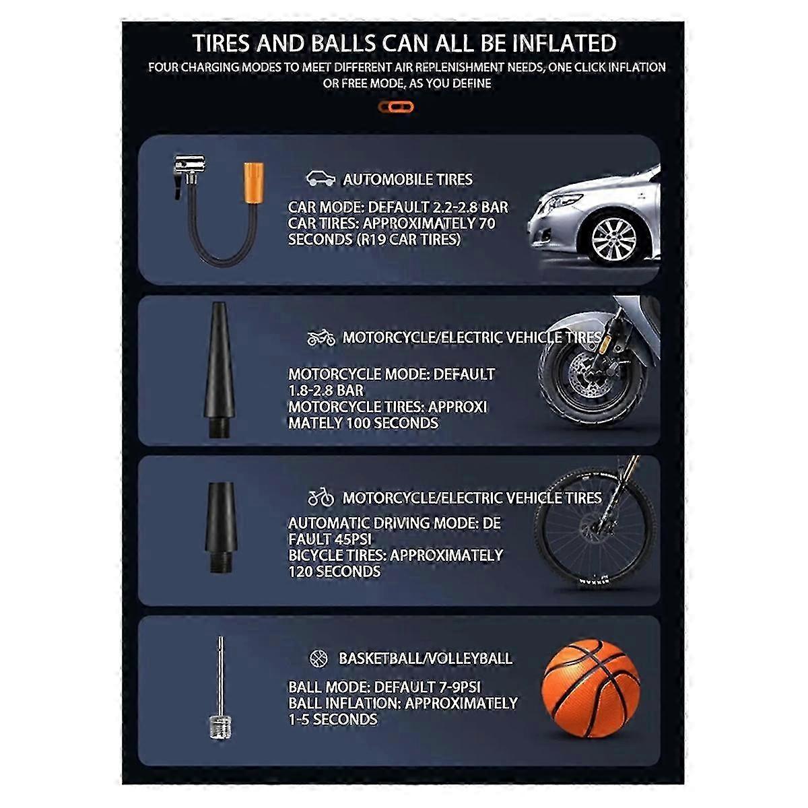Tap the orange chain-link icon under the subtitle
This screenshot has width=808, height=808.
[395, 107]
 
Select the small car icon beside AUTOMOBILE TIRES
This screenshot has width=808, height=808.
[321, 178]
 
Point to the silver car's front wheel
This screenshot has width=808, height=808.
[613, 239]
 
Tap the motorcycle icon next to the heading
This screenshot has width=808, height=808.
[321, 337]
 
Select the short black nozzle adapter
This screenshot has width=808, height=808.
[220, 527]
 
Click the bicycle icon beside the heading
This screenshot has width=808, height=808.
[321, 497]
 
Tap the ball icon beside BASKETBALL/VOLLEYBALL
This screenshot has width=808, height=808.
[318, 659]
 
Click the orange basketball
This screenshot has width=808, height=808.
[591, 688]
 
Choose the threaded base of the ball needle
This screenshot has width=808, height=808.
[220, 729]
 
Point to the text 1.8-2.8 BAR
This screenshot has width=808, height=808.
[326, 391]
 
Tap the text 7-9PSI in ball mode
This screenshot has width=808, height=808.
[460, 687]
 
